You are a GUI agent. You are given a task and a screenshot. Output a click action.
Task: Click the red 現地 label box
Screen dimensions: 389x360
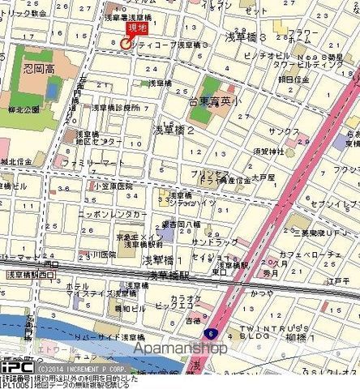point(138,30)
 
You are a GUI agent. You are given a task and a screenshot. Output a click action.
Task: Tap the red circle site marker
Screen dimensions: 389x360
point(125,44)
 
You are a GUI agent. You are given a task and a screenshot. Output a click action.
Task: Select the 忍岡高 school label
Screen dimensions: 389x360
point(40,68)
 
